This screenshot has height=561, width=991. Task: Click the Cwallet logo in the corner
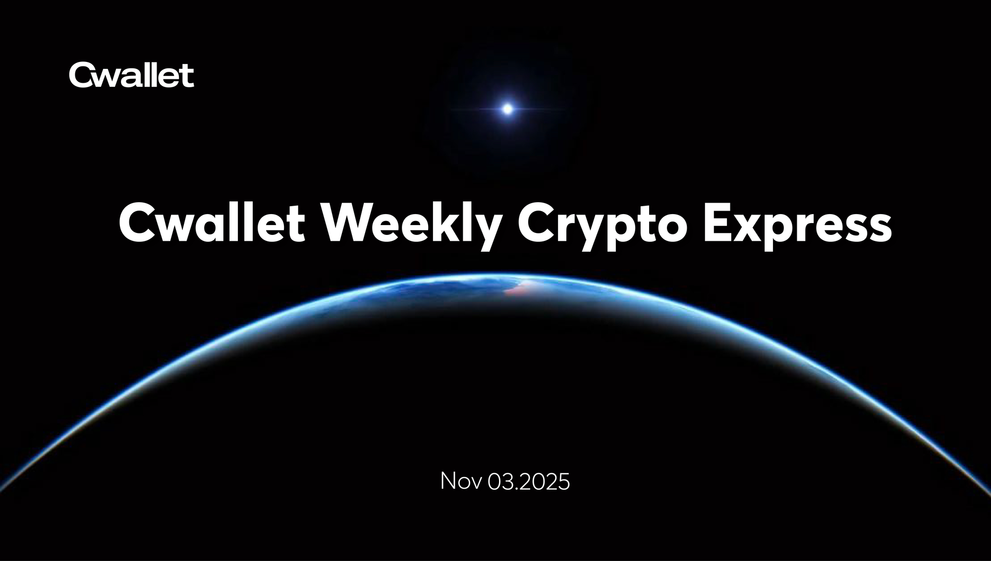pos(131,75)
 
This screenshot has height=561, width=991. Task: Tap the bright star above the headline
pos(507,109)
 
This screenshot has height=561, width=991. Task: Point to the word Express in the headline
pos(797,224)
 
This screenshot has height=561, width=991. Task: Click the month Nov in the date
pos(461,481)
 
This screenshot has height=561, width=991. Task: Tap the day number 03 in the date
pos(500,482)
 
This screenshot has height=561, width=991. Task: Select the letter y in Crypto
pos(594,232)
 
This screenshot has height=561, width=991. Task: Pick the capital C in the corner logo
pos(79,75)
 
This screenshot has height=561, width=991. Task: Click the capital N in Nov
pos(447,481)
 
